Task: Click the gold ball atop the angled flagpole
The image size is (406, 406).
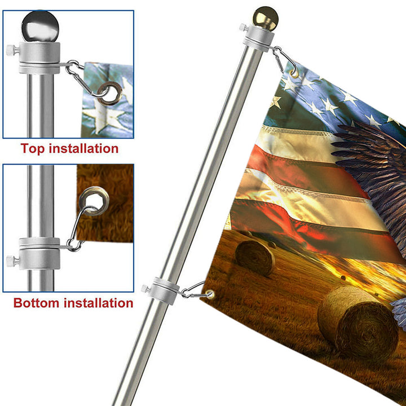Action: point(266,19)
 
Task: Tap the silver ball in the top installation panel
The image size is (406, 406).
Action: point(40,26)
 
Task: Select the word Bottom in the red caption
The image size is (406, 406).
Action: point(36,303)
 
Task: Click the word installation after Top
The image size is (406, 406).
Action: point(83,148)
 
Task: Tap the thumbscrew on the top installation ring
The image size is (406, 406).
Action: point(12,50)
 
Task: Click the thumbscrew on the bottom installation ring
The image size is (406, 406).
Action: point(12,261)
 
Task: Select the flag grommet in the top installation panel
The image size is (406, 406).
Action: point(110,93)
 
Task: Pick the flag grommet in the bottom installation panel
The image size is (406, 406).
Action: point(94,201)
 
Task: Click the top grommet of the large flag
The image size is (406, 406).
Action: point(294,73)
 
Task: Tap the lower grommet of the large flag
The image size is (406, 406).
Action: point(210,294)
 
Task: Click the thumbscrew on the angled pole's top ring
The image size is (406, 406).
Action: point(243,27)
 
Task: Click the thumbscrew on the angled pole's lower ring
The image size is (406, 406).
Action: point(145,289)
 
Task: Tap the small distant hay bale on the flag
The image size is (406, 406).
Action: point(254,258)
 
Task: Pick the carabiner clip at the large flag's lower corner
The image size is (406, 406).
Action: point(194,290)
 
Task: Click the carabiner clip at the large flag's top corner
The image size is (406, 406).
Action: point(284,60)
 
